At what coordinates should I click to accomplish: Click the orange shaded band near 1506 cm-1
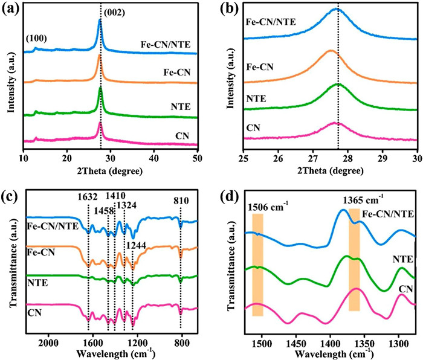tap(257, 266)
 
